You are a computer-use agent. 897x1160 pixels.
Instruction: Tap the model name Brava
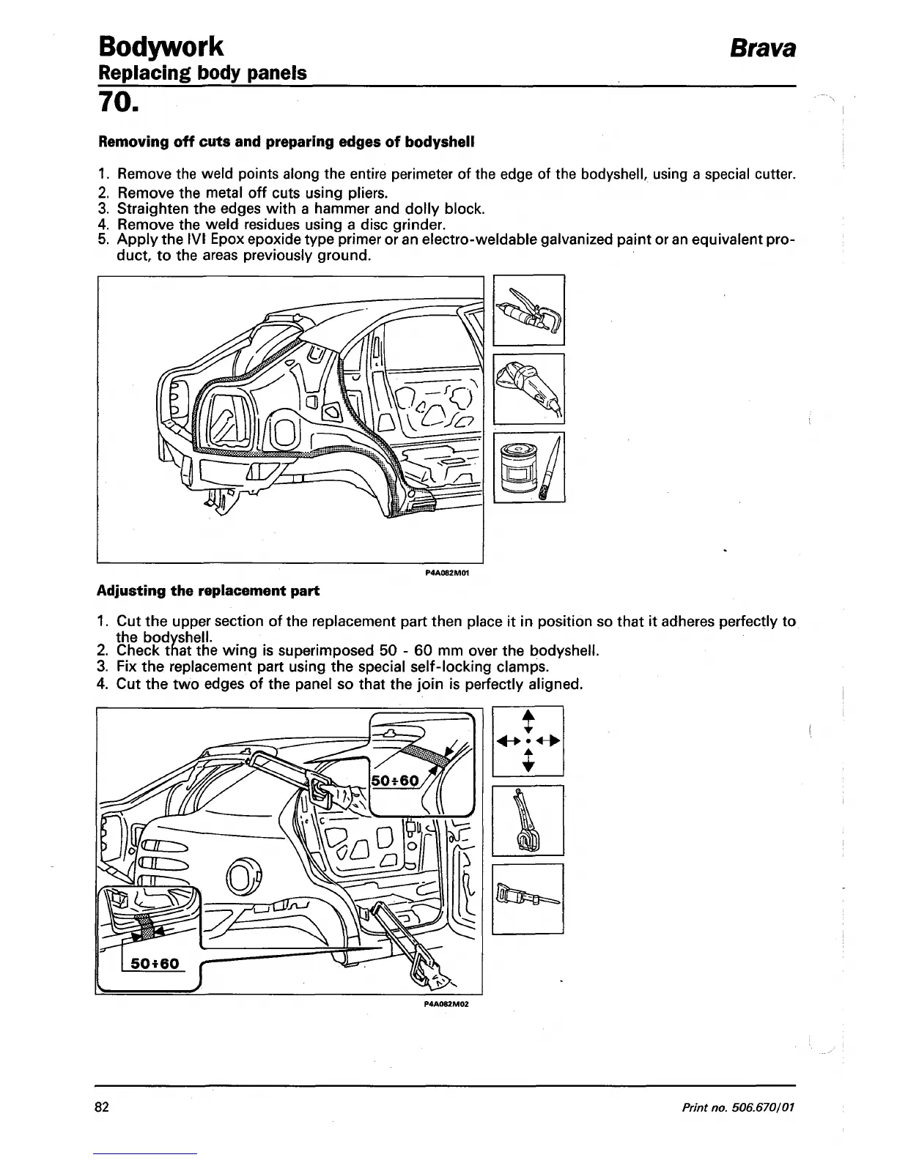(761, 48)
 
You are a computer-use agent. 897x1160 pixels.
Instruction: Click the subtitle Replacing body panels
(202, 73)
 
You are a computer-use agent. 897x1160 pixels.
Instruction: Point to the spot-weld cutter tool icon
(528, 310)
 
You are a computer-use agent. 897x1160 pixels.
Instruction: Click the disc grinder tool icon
(528, 388)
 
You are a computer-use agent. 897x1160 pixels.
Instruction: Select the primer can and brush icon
(528, 467)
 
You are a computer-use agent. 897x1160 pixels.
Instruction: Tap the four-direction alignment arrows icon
(528, 740)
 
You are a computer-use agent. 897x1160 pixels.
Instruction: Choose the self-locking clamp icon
(528, 819)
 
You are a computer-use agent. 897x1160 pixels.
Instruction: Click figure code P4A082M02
(446, 1004)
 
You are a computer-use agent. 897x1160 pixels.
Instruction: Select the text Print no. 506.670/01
(738, 1107)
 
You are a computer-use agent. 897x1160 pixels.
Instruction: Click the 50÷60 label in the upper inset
(396, 781)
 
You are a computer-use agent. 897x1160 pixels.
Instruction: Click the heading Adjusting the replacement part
(208, 590)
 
